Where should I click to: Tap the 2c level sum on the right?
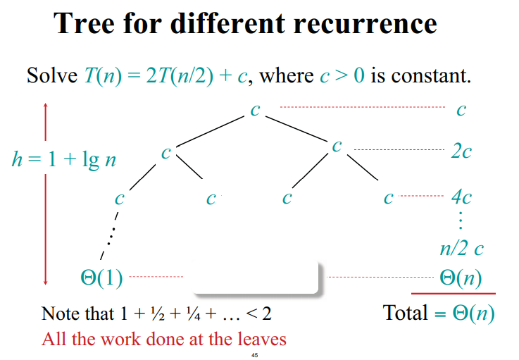(x=461, y=150)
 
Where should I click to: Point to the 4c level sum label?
(x=461, y=197)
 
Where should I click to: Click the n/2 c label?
(x=461, y=248)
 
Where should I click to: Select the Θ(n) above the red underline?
(x=461, y=278)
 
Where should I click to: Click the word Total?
(x=405, y=311)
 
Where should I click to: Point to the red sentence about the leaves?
(x=163, y=339)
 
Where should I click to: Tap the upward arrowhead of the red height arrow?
(x=46, y=107)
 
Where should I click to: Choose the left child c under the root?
(x=165, y=151)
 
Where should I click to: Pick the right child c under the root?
(x=337, y=146)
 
